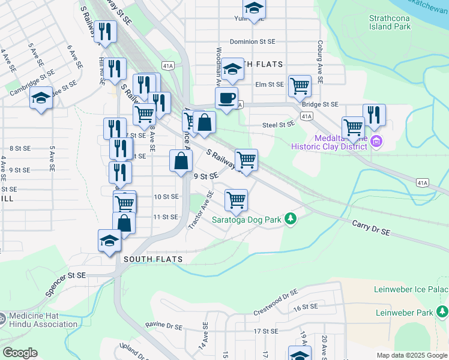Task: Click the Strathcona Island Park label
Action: [390, 22]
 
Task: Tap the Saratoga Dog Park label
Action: [247, 220]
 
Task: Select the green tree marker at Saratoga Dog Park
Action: [291, 218]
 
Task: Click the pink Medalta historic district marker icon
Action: [376, 142]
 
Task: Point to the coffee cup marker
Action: [226, 98]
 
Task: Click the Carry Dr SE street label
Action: [371, 227]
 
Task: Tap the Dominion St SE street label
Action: [252, 41]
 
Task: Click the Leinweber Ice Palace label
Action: [411, 290]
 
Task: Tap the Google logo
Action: [20, 353]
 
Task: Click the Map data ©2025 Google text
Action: [411, 355]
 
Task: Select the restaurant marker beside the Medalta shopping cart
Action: [374, 115]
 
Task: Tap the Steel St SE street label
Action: [279, 124]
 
